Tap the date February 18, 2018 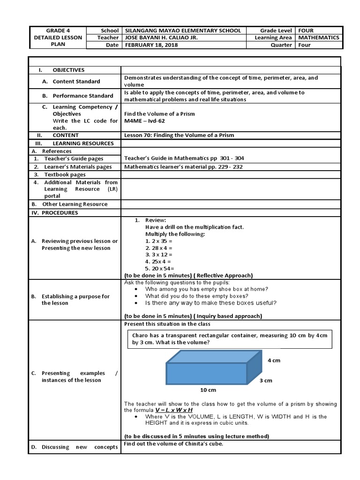151,45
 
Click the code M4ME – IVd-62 145,121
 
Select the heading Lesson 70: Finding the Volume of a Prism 179,135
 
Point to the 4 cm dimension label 274,360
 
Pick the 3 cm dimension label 266,381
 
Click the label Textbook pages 65,174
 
